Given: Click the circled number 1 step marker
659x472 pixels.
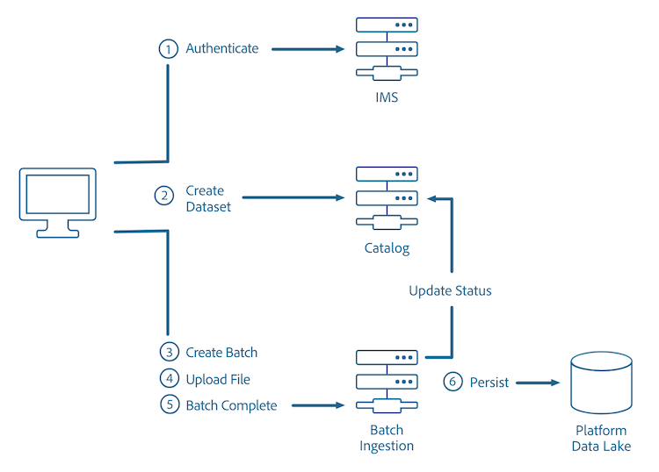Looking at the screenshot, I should coord(168,49).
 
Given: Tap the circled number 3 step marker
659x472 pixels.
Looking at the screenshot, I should coord(169,353).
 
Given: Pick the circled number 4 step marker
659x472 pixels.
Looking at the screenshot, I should coord(169,379).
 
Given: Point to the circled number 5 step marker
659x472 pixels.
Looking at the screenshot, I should coord(169,405).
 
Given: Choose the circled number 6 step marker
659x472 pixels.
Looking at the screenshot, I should coord(453,383).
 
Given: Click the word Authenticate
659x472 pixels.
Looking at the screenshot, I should coord(222,49).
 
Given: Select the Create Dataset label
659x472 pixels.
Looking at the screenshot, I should coord(205,198).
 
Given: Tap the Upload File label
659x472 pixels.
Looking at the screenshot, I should coord(218,379).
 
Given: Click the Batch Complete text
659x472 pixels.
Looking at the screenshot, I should coord(231,405).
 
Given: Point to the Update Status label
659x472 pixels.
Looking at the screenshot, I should coord(450,290).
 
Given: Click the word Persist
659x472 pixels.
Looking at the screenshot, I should coord(489,383).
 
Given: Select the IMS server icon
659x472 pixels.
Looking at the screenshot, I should coord(387,50).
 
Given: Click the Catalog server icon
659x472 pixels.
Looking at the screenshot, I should coord(387,198).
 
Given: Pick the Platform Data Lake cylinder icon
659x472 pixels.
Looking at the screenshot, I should coord(601,383).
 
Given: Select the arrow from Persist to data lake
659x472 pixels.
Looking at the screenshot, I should coord(538,383).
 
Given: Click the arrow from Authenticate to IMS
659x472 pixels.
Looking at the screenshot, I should coord(308,49).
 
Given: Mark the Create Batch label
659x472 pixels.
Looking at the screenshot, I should coord(221,353).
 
